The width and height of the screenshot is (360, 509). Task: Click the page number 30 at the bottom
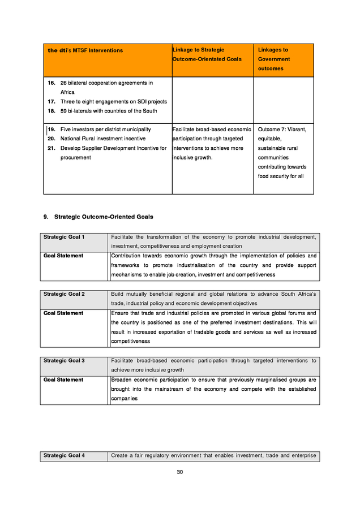(x=179, y=472)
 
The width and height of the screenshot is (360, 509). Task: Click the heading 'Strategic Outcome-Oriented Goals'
(x=104, y=217)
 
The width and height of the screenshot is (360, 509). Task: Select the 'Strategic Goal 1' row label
(x=64, y=236)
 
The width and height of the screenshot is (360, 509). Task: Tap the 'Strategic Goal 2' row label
(x=64, y=294)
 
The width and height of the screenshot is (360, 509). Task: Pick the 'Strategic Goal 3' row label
(x=64, y=360)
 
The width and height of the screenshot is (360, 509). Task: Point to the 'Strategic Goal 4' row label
(x=64, y=455)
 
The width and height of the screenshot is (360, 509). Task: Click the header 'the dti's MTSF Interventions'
(x=85, y=50)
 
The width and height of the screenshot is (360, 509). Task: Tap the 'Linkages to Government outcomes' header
(x=274, y=59)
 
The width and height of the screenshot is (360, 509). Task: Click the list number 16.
(x=52, y=83)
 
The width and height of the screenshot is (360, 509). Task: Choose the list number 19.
(x=52, y=130)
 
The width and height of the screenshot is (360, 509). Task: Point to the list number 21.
(x=52, y=148)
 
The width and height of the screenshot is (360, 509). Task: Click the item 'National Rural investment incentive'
(x=102, y=139)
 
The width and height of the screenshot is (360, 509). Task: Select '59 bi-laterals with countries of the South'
(x=109, y=111)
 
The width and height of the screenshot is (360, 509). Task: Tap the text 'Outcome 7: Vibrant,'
(x=282, y=130)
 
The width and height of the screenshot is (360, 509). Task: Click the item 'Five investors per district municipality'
(x=105, y=130)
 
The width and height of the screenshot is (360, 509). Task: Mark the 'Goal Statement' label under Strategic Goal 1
(x=63, y=256)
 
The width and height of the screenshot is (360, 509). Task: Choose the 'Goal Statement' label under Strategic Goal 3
(x=63, y=379)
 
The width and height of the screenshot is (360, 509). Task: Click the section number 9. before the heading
(x=46, y=217)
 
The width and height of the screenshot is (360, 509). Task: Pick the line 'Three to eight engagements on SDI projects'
(x=113, y=102)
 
